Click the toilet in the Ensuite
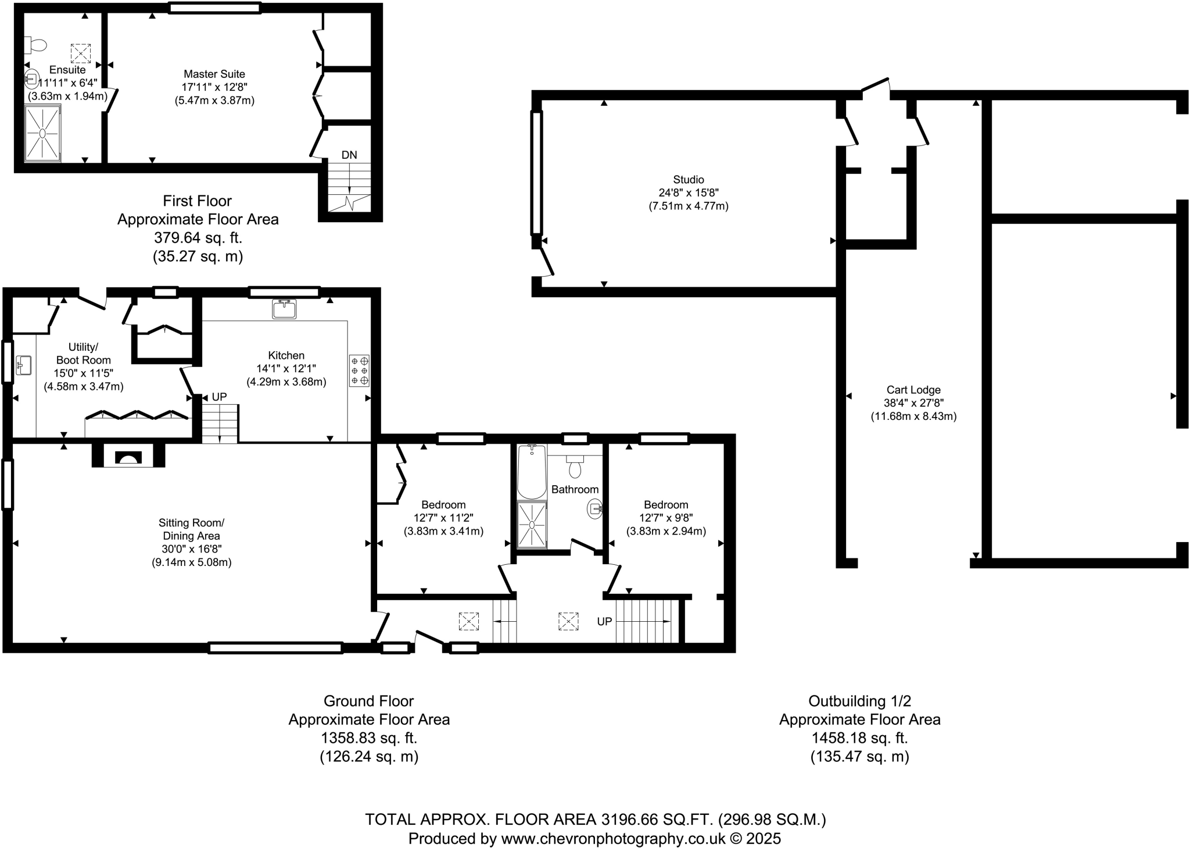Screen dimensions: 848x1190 pyautogui.click(x=36, y=44)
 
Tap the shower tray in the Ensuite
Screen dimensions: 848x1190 pyautogui.click(x=42, y=133)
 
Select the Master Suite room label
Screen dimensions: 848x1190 pyautogui.click(x=214, y=74)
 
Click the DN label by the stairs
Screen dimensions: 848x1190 pyautogui.click(x=349, y=155)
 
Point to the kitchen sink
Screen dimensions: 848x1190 pyautogui.click(x=284, y=308)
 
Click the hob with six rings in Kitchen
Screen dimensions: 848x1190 pyautogui.click(x=359, y=370)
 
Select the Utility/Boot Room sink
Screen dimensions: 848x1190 pyautogui.click(x=24, y=365)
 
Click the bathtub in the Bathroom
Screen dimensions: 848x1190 pyautogui.click(x=531, y=471)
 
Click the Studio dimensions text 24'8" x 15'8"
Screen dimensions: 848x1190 pyautogui.click(x=689, y=193)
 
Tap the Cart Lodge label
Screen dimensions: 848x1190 pyautogui.click(x=913, y=390)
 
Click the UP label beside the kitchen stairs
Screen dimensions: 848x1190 pyautogui.click(x=219, y=397)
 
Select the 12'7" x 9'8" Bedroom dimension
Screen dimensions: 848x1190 pyautogui.click(x=666, y=518)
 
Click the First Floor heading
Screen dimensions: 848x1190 pyautogui.click(x=197, y=201)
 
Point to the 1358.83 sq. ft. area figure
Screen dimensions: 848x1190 pyautogui.click(x=369, y=738)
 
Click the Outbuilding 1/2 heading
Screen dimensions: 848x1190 pyautogui.click(x=859, y=701)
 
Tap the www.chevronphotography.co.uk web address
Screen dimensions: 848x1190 pyautogui.click(x=613, y=838)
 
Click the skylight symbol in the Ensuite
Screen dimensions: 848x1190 pyautogui.click(x=80, y=54)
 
